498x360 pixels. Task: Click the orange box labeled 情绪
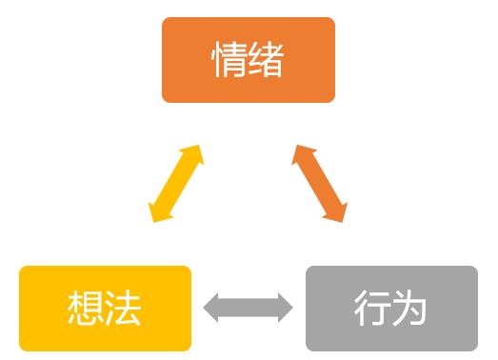click(x=249, y=59)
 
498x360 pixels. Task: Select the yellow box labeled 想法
click(x=105, y=308)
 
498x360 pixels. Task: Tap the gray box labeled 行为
click(x=391, y=308)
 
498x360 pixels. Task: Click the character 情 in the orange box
click(x=229, y=60)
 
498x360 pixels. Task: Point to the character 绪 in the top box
click(x=268, y=60)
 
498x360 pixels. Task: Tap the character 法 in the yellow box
click(x=124, y=309)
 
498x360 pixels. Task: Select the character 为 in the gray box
click(x=410, y=309)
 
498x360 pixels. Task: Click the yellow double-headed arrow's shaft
click(x=176, y=184)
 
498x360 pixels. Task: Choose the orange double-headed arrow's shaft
click(x=320, y=184)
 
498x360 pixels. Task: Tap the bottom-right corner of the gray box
click(x=475, y=348)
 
